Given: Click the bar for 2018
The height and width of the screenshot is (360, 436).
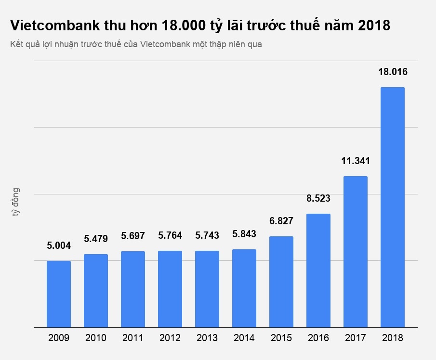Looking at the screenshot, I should tap(393, 207).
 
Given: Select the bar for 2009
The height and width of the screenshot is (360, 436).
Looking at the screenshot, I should tap(59, 294).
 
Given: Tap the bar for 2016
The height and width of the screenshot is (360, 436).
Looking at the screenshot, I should tap(318, 270).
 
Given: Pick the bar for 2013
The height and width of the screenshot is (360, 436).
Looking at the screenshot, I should tap(207, 289).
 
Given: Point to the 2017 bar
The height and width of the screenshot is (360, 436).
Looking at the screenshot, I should tap(356, 252).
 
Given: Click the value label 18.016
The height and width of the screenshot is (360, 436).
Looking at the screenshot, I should tap(393, 72).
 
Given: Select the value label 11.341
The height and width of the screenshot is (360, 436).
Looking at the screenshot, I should tap(356, 161).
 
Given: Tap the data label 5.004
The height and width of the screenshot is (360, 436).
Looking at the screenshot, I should tap(59, 245).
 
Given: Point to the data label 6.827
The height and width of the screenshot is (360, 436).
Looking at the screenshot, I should tap(281, 221).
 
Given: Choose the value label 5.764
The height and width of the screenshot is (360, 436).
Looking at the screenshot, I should tap(170, 235).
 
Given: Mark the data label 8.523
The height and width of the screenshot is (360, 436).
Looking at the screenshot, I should tap(318, 198).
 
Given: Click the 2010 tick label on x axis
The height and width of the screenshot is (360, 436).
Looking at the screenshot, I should tap(96, 338).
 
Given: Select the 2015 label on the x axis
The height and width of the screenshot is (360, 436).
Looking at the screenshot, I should tap(281, 338).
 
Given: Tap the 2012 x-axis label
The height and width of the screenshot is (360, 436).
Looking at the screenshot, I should tap(170, 338).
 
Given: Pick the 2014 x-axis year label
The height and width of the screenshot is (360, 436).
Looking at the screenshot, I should tap(244, 338).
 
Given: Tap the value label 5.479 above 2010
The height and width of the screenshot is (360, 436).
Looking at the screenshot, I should tap(96, 238).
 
